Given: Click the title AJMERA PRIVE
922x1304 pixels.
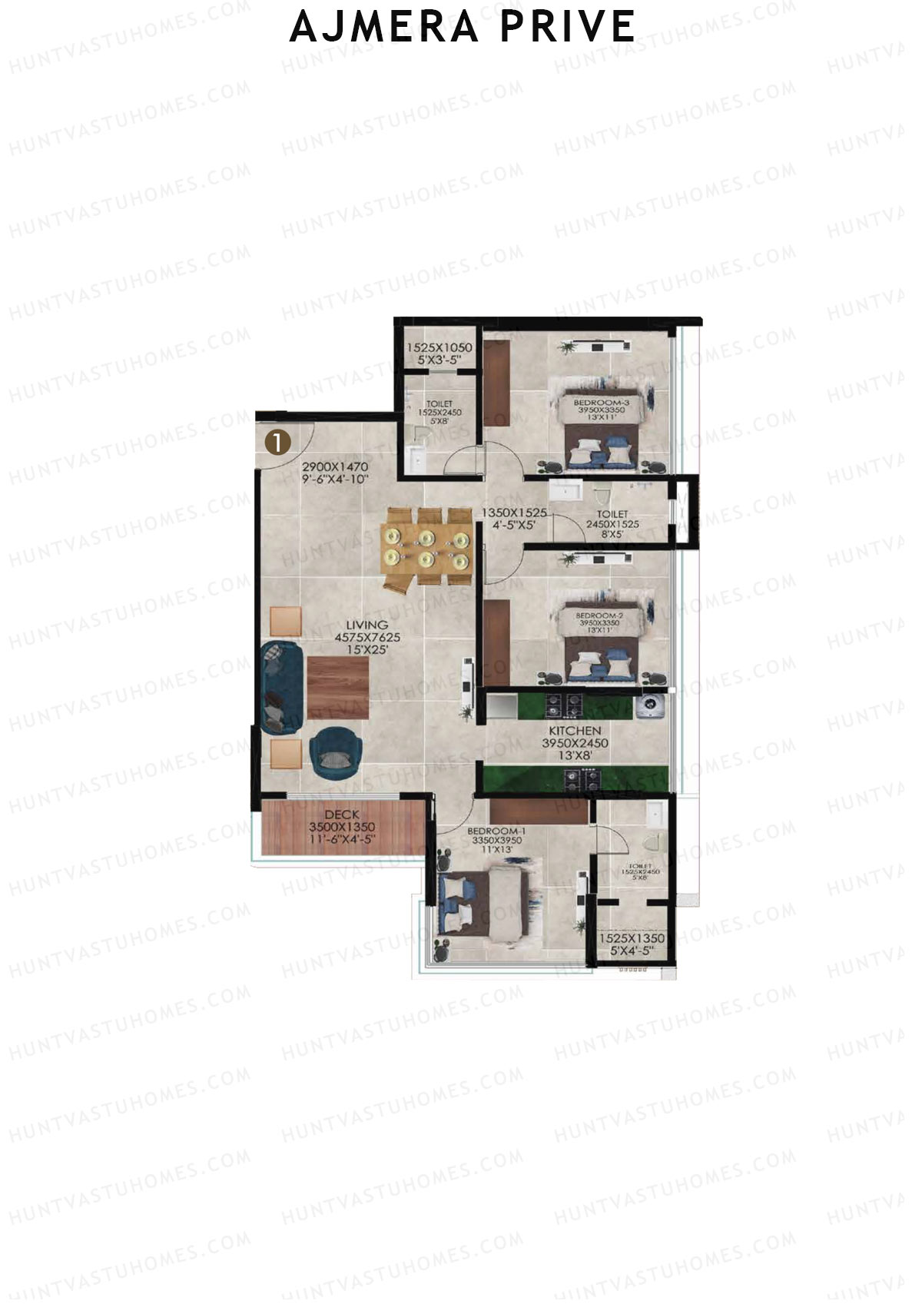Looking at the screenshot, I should [462, 27].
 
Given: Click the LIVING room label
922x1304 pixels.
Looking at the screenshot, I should [366, 625].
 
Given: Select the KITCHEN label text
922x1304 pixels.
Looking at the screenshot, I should [574, 731].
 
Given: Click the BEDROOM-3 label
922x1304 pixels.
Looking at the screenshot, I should [602, 402].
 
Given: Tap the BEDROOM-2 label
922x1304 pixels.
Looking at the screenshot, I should [599, 616].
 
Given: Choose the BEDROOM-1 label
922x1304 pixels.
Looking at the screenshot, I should [496, 831].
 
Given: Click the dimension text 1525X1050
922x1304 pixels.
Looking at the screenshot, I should [439, 347].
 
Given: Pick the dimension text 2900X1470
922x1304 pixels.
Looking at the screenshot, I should [335, 466].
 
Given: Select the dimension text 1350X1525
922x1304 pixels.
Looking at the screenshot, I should [513, 512].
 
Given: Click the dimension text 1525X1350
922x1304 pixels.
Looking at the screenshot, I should [631, 938].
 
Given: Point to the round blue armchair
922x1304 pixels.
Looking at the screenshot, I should [334, 748].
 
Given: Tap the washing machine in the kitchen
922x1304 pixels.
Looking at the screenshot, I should [651, 705].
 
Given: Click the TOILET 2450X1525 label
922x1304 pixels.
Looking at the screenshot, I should [612, 519].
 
